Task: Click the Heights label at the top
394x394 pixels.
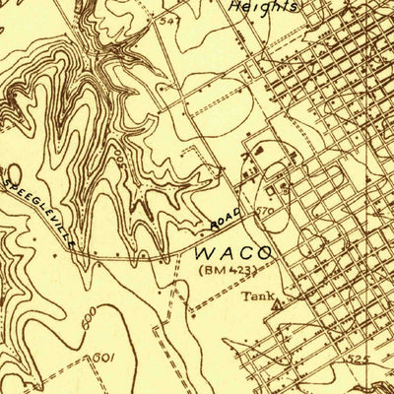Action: [263, 5]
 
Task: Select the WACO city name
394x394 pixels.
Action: [235, 252]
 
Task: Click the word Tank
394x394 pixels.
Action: [258, 295]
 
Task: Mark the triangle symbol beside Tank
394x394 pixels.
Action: [278, 303]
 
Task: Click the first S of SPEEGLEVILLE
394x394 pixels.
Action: [7, 181]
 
